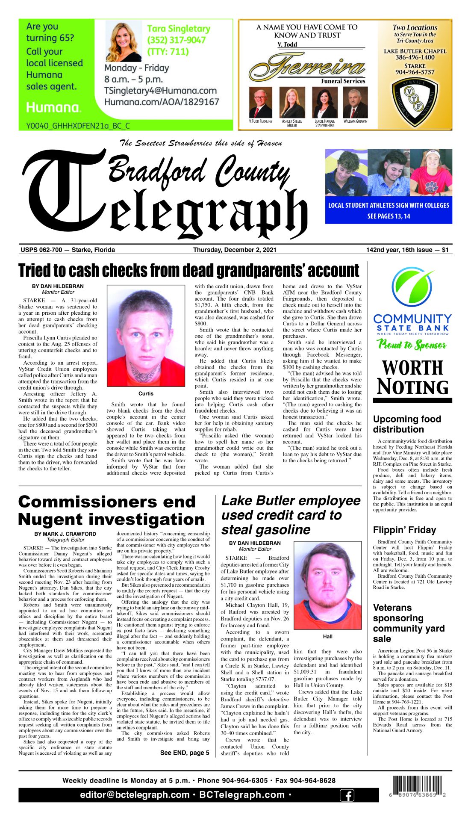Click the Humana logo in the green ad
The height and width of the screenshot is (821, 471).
53,107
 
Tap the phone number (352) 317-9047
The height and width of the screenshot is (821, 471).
176,40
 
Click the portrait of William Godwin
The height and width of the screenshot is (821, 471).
355,103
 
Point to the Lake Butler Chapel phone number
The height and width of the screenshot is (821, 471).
415,57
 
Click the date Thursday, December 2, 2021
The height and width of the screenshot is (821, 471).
235,250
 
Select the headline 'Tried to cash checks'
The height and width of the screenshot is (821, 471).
188,271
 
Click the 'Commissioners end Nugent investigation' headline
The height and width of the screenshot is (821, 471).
111,511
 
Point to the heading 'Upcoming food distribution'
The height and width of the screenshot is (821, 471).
406,424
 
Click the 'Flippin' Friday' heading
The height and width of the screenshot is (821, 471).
404,530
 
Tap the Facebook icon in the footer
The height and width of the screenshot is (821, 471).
347,795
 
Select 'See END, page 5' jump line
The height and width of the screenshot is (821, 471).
185,753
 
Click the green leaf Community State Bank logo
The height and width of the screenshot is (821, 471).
412,285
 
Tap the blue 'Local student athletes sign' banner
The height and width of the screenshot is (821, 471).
389,210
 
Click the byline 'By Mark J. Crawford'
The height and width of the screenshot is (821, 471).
65,534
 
